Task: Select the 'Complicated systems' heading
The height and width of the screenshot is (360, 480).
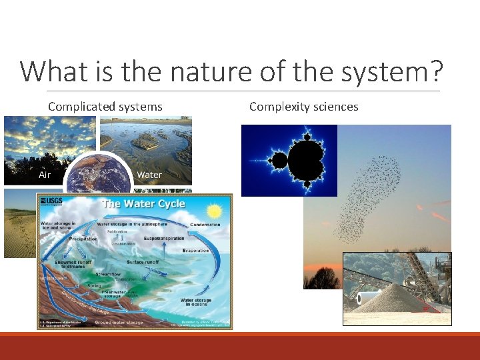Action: [x=105, y=107]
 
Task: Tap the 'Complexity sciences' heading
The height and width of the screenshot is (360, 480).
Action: [x=303, y=107]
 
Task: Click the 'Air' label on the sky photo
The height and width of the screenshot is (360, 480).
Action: [x=45, y=175]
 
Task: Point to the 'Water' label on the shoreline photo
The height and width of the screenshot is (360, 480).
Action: [x=149, y=175]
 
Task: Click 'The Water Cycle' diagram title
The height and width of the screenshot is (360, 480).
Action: [x=143, y=203]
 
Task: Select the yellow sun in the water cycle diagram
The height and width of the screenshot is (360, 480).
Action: [x=214, y=211]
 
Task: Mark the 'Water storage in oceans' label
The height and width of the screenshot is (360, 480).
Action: [x=196, y=303]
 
